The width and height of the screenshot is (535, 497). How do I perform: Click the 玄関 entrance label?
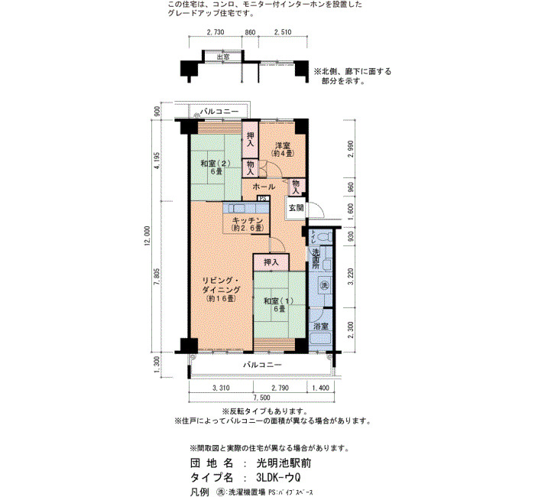(x=296, y=207)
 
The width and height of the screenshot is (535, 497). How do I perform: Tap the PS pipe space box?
(x=263, y=198)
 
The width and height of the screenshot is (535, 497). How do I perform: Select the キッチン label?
(x=247, y=220)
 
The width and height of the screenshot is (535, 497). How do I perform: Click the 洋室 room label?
(x=283, y=145)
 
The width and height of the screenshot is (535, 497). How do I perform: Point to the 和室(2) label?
(x=215, y=164)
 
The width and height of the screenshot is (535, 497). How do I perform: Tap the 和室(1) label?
(x=279, y=301)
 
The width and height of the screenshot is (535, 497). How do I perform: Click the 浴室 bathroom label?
(x=321, y=326)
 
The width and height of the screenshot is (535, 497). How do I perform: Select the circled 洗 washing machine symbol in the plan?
(x=324, y=285)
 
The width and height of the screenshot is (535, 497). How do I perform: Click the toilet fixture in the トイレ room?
(x=325, y=236)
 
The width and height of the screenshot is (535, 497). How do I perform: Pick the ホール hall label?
(x=264, y=187)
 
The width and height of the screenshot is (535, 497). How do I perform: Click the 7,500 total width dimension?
(x=261, y=398)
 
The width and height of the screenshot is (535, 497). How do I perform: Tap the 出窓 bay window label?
(x=223, y=57)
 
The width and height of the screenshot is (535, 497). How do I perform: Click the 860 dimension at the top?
(x=250, y=32)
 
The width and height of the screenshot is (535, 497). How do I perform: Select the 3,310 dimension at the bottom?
(x=221, y=388)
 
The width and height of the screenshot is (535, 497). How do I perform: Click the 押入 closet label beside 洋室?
(x=251, y=140)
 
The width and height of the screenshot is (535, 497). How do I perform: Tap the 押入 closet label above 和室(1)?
(x=271, y=262)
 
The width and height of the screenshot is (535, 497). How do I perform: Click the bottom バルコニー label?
(x=262, y=365)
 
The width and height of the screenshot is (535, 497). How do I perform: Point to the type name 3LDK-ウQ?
(x=278, y=477)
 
